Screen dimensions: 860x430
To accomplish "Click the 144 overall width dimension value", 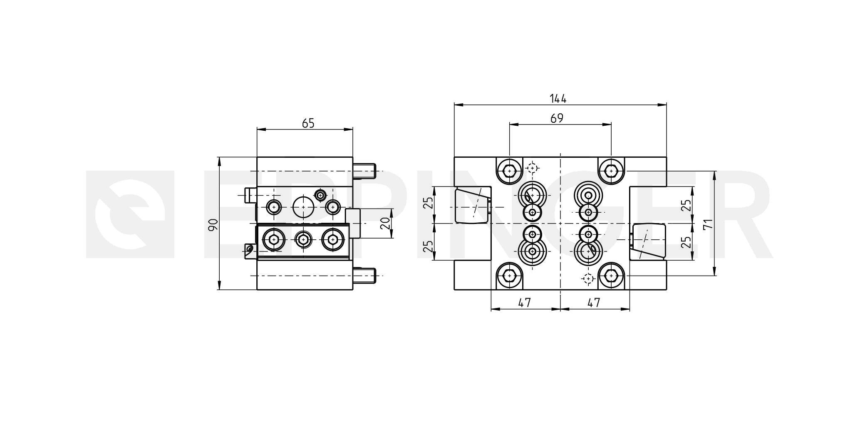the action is (558, 99).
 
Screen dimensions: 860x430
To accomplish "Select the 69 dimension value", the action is (557, 119).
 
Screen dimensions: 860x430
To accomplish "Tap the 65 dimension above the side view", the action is (308, 124).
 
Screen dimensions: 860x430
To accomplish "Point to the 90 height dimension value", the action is (213, 224).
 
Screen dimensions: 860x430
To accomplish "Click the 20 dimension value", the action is (386, 224).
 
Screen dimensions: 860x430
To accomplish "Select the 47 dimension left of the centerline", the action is (525, 303).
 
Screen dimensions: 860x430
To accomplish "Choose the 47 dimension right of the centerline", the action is (594, 303).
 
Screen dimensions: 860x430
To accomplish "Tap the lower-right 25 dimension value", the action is (687, 242).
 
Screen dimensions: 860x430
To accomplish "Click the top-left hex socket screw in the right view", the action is (509, 171).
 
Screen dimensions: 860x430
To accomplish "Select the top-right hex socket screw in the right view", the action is (611, 171).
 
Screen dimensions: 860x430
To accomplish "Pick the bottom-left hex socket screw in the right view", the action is (509, 276).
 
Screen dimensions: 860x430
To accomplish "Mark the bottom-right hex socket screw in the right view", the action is (611, 276).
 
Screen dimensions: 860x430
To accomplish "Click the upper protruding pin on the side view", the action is (364, 171).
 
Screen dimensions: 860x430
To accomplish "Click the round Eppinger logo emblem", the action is (129, 214).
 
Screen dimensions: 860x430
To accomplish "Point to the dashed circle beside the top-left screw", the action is (532, 168).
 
